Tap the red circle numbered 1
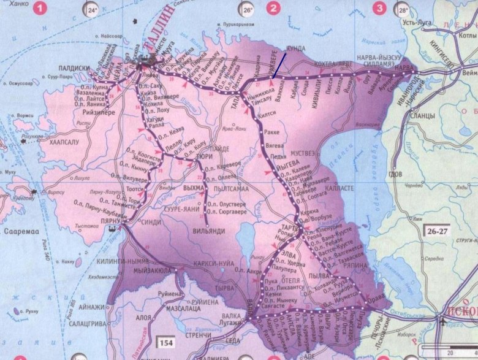click(x=40, y=8)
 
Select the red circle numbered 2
click(x=273, y=8)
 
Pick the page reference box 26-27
click(x=436, y=231)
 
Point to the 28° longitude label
click(x=403, y=10)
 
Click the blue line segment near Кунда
click(x=279, y=65)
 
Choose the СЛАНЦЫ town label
click(x=424, y=115)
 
